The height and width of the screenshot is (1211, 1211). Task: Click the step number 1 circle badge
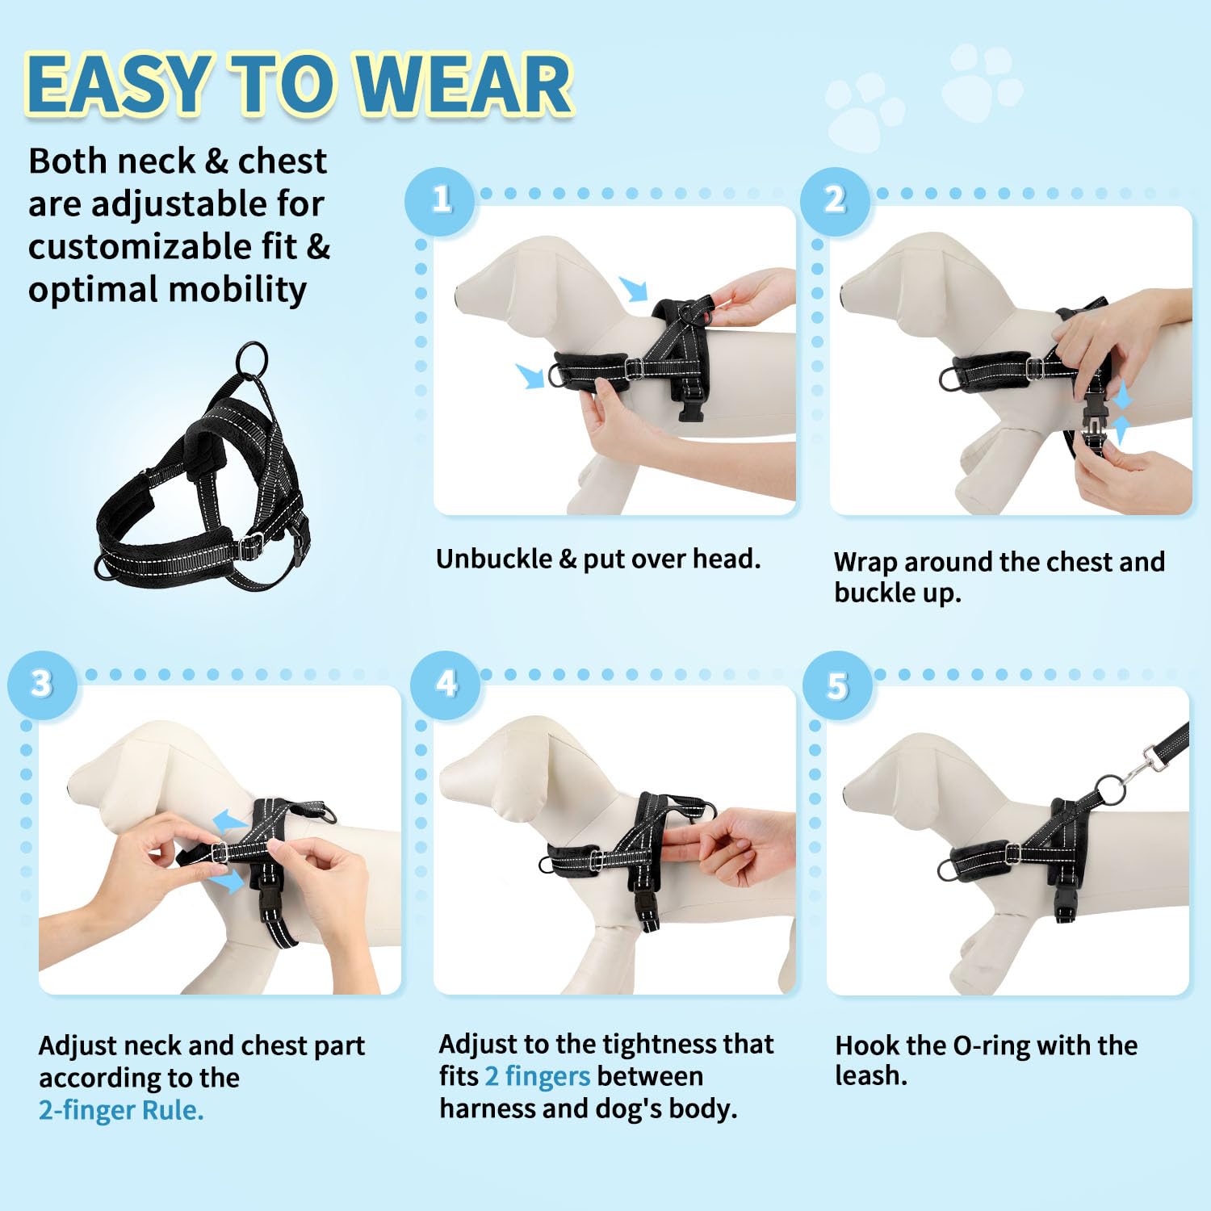440,200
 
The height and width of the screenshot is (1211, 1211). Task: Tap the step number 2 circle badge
835,200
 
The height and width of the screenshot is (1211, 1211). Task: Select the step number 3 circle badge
42,685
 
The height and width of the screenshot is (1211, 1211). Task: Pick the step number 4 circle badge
446,685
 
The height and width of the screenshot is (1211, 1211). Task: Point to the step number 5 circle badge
838,686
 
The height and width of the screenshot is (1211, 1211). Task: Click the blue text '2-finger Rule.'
121,1110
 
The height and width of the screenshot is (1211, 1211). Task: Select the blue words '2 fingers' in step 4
538,1076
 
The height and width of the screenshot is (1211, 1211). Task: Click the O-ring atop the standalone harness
252,357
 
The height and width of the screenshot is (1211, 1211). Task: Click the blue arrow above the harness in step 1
635,288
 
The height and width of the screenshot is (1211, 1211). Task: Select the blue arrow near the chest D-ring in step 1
530,375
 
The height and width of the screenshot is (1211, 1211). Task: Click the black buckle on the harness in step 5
1065,907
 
